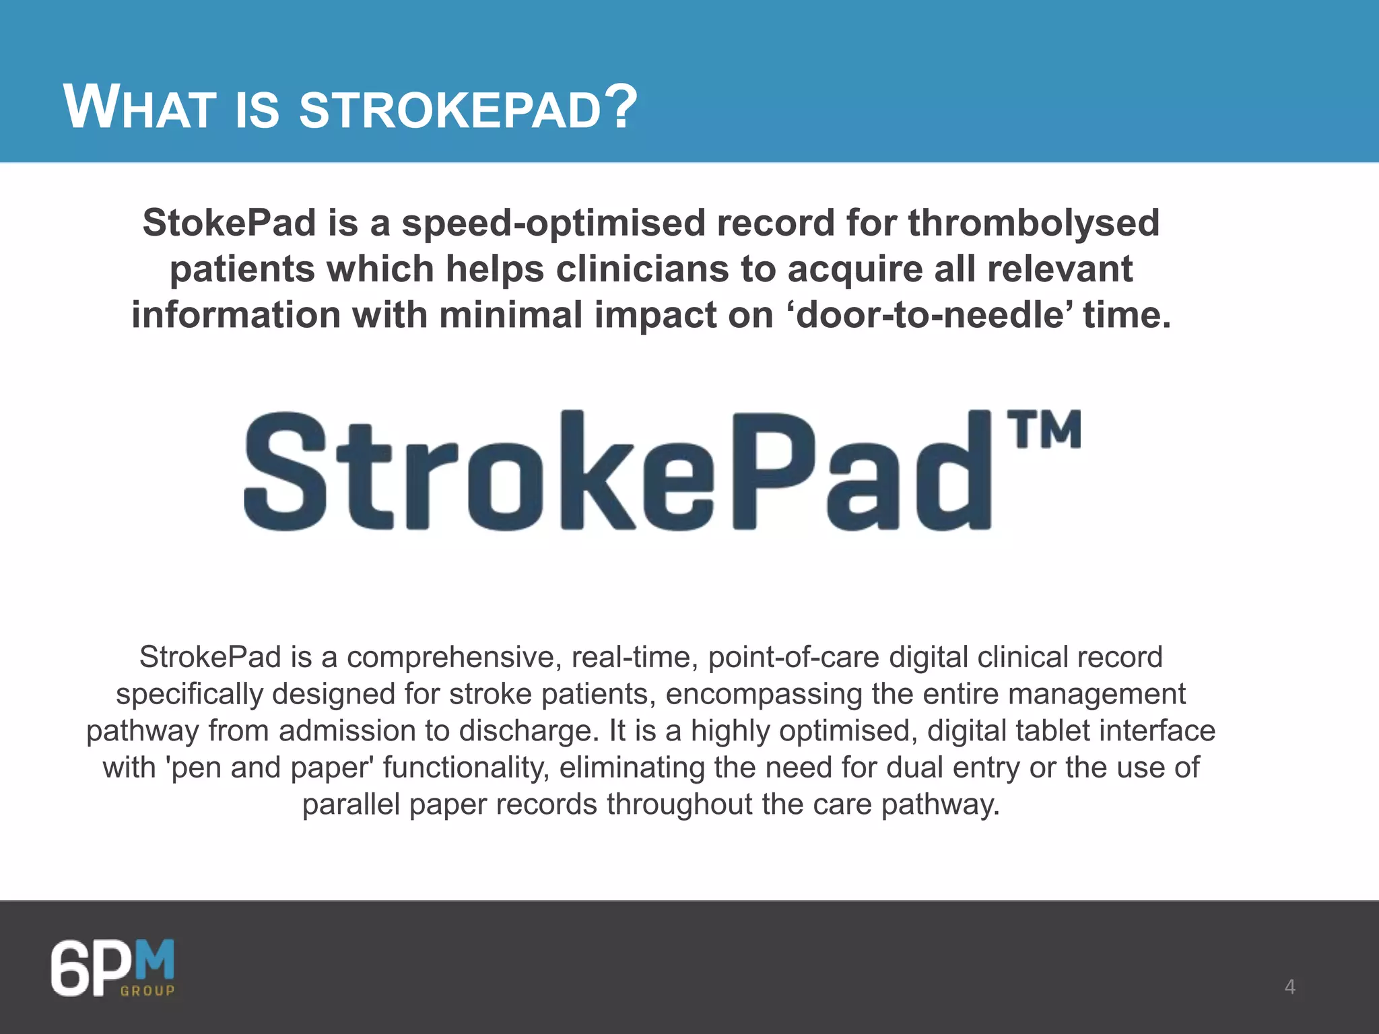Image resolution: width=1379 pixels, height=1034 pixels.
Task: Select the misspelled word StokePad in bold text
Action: pos(229,223)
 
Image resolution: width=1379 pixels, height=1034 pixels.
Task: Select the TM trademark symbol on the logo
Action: pos(1044,429)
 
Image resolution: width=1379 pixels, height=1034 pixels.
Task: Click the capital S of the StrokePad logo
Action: pos(285,471)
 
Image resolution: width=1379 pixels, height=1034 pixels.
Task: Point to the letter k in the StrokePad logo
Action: pos(593,471)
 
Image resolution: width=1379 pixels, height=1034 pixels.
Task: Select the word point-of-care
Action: pos(793,658)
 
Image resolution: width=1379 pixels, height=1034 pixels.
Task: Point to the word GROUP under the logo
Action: pos(147,990)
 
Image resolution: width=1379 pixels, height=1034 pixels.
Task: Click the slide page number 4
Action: pos(1289,987)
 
